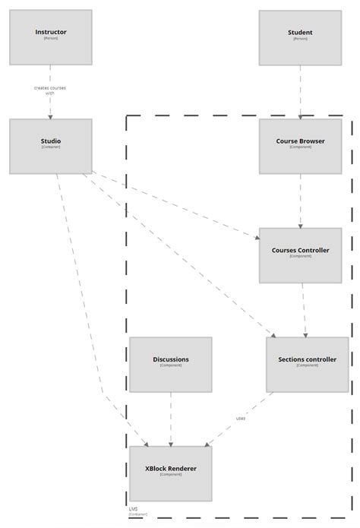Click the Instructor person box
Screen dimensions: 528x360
(x=51, y=36)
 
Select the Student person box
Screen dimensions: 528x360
(x=300, y=36)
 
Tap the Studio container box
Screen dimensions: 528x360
(x=51, y=145)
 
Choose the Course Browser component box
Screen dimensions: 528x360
(x=300, y=145)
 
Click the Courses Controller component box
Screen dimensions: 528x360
(x=300, y=255)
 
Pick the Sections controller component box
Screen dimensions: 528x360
(x=307, y=364)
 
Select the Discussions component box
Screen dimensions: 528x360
(x=170, y=364)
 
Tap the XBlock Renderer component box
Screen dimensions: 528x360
(x=170, y=473)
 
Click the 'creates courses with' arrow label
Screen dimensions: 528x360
(x=50, y=90)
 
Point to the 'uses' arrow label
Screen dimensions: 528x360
(x=241, y=418)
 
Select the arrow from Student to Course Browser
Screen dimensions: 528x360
(x=300, y=91)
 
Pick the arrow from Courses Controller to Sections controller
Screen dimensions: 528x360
(x=304, y=309)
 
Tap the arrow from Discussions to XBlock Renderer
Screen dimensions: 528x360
(x=170, y=418)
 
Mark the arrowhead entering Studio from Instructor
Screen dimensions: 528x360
(x=51, y=115)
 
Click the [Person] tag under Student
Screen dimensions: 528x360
(x=300, y=39)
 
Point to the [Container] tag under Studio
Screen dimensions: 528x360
(x=51, y=147)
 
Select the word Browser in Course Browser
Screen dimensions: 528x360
(x=311, y=141)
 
